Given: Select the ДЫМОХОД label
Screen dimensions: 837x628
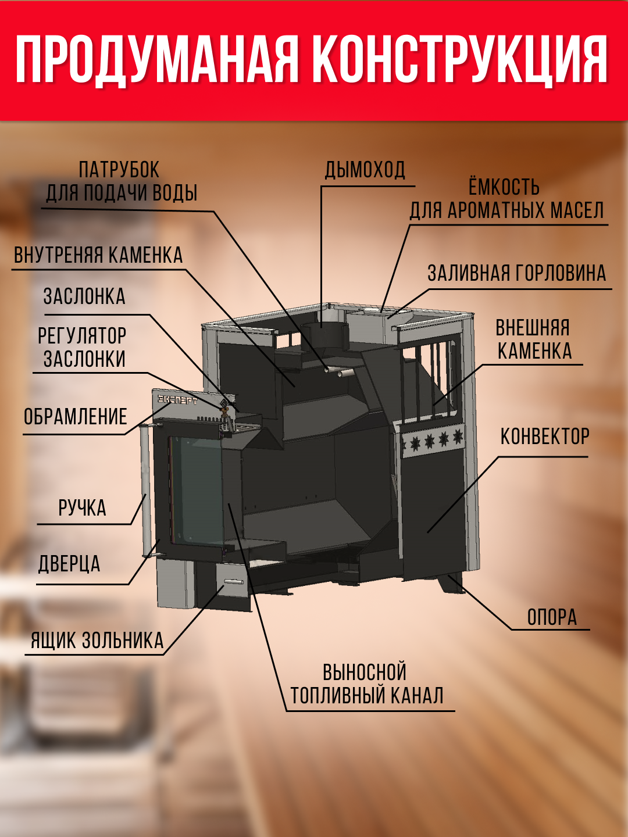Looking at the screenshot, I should (365, 170).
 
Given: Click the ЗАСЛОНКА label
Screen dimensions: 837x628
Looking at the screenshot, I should (84, 297).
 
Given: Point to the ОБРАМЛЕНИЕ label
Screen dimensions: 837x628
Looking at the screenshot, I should (75, 417).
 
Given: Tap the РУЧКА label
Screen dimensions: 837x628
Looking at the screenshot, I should (82, 508).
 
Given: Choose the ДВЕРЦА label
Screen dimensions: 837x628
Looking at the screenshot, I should (69, 564).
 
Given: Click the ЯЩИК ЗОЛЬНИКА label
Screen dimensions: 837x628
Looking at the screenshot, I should (97, 641).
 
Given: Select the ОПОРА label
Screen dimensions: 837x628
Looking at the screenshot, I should (552, 617).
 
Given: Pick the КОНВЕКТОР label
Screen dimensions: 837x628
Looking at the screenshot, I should (545, 437).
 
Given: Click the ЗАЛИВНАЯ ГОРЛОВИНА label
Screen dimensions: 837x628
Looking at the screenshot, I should (517, 273).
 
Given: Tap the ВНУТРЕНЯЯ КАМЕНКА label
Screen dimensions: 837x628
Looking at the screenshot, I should (98, 255).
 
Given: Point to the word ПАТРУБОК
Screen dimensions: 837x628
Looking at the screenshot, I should (119, 170).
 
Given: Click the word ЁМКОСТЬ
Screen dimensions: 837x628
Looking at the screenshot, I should (504, 187).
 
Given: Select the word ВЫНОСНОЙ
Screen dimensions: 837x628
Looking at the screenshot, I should (365, 673).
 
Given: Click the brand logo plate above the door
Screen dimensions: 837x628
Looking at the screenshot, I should (177, 400).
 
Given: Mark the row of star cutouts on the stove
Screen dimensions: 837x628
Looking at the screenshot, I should (433, 441).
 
